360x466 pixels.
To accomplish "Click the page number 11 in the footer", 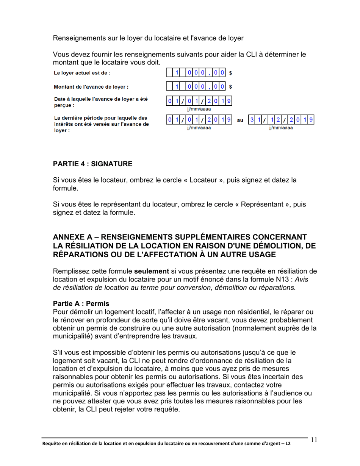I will pos(313,440).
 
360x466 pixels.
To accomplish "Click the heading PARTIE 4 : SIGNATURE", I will pos(93,164).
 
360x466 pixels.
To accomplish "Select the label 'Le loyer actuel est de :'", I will pos(82,72).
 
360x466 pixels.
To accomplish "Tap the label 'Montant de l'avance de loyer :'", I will pos(91,86).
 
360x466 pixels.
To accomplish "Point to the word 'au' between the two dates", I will pos(240,120).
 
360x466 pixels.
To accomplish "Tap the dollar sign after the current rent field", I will pos(230,73).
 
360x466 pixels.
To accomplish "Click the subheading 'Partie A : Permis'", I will pos(81,303).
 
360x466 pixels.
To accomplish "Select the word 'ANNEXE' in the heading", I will pos(69,237).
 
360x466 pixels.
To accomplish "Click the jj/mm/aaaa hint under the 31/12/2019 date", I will pos(281,128).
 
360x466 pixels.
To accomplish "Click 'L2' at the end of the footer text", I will pos(288,443).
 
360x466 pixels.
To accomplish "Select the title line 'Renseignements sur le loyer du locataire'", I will pos(148,38).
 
